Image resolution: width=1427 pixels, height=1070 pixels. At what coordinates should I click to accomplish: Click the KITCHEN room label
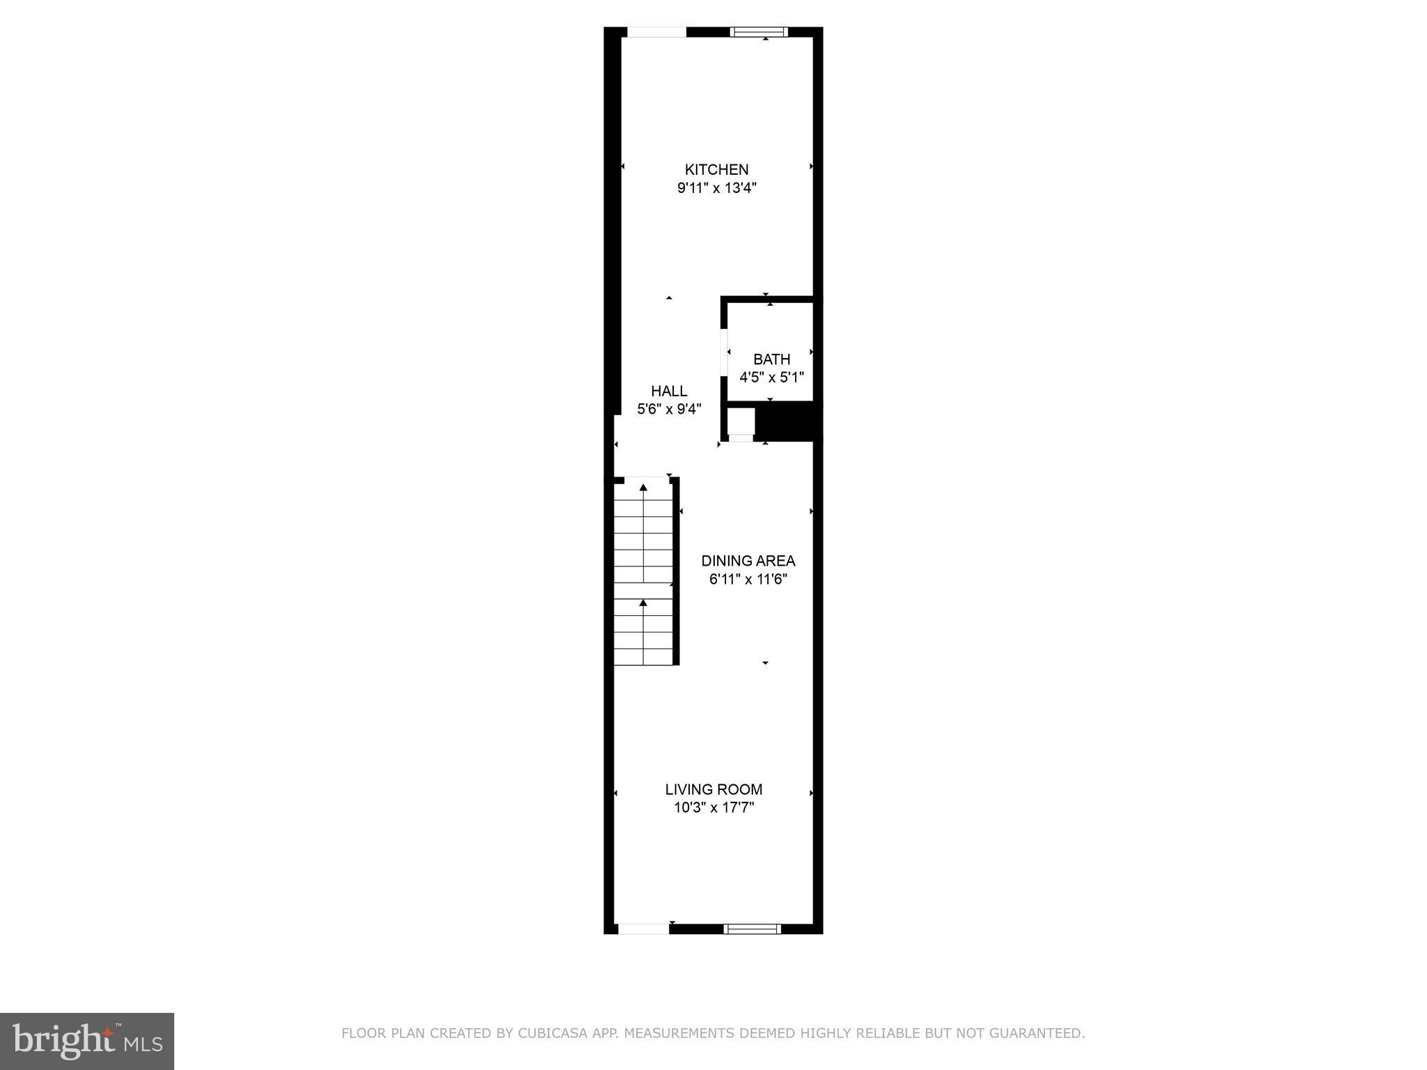(x=716, y=169)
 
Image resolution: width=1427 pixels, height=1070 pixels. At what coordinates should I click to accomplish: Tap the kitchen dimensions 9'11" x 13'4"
(x=716, y=188)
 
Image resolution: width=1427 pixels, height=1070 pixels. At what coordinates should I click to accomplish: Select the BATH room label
(x=771, y=359)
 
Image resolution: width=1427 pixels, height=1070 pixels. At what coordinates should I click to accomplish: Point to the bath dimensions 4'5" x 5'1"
(x=771, y=378)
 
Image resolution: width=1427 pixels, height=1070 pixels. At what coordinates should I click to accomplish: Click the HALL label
(x=669, y=391)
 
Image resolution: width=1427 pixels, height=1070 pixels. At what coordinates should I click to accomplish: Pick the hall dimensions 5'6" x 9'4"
(x=669, y=409)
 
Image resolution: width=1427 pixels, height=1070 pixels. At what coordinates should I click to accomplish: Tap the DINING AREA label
(x=748, y=561)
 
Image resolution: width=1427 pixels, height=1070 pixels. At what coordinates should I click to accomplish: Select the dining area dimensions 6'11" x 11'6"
(x=748, y=579)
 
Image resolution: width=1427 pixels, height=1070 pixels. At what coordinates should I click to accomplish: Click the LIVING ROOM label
(x=713, y=789)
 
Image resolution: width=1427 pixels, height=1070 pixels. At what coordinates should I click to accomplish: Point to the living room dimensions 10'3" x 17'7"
(x=713, y=808)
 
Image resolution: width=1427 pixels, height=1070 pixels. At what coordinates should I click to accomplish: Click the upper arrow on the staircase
(x=643, y=488)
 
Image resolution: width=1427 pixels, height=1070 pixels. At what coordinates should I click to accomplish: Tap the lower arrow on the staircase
(x=643, y=603)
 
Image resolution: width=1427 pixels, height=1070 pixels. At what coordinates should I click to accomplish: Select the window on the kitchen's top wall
(x=759, y=31)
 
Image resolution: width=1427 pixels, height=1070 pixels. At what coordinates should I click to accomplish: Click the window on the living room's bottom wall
(x=752, y=928)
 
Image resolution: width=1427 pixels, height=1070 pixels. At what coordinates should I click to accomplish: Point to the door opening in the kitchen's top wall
(x=656, y=32)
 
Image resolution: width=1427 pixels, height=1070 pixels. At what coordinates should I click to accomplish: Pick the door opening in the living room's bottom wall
(x=643, y=928)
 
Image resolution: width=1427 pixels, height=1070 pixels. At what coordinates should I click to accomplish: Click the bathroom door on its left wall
(x=724, y=351)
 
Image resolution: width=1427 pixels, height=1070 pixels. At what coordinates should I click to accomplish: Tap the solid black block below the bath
(x=788, y=422)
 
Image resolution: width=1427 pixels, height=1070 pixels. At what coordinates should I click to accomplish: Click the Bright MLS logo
(x=87, y=1041)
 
